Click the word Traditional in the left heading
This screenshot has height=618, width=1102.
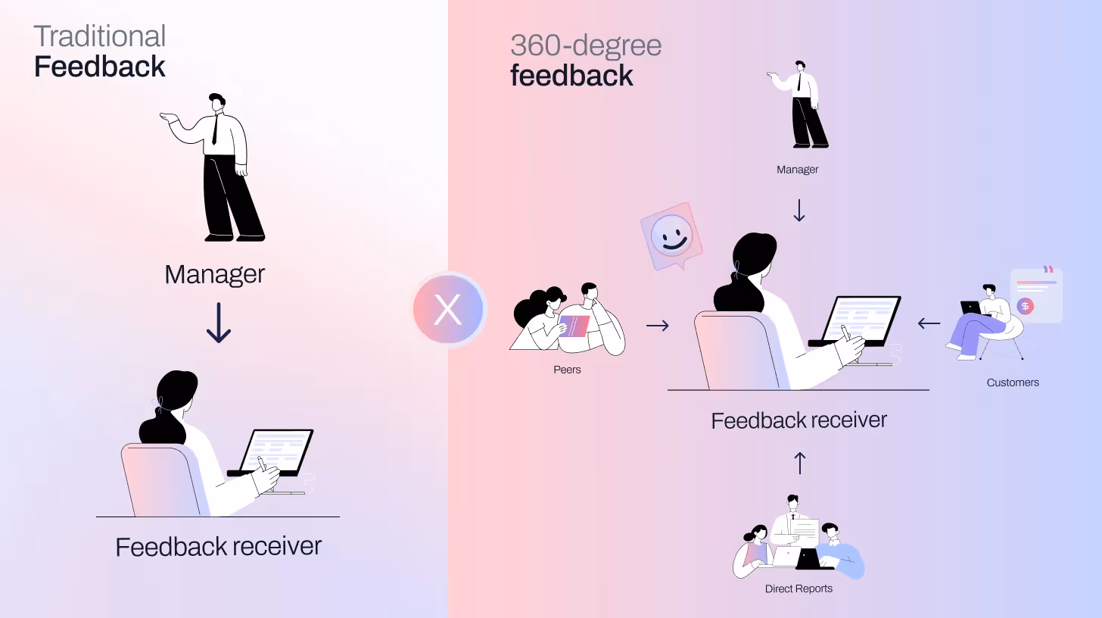coord(100,36)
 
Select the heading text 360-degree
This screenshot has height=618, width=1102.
coord(586,45)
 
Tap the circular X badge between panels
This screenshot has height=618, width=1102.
coord(448,310)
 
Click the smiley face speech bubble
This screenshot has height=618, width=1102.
coord(670,236)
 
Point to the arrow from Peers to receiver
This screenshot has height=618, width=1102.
coord(658,326)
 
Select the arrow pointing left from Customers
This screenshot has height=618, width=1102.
coord(929,323)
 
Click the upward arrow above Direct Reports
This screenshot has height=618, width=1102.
coord(799,463)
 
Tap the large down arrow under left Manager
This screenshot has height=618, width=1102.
coord(219,323)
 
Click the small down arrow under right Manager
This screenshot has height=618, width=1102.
coord(799,210)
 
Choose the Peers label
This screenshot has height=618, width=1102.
coord(567,370)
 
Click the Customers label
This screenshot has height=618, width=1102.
coord(1013,382)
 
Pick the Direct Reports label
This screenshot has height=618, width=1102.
coord(798,588)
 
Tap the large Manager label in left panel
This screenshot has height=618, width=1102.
coord(215,274)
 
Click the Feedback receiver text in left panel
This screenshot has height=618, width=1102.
coord(219,546)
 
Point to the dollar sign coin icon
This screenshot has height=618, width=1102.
coord(1026,306)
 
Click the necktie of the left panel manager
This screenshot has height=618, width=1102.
coord(216,128)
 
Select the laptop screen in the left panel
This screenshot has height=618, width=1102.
coord(276,449)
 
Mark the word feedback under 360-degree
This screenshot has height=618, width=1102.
coord(572,76)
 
